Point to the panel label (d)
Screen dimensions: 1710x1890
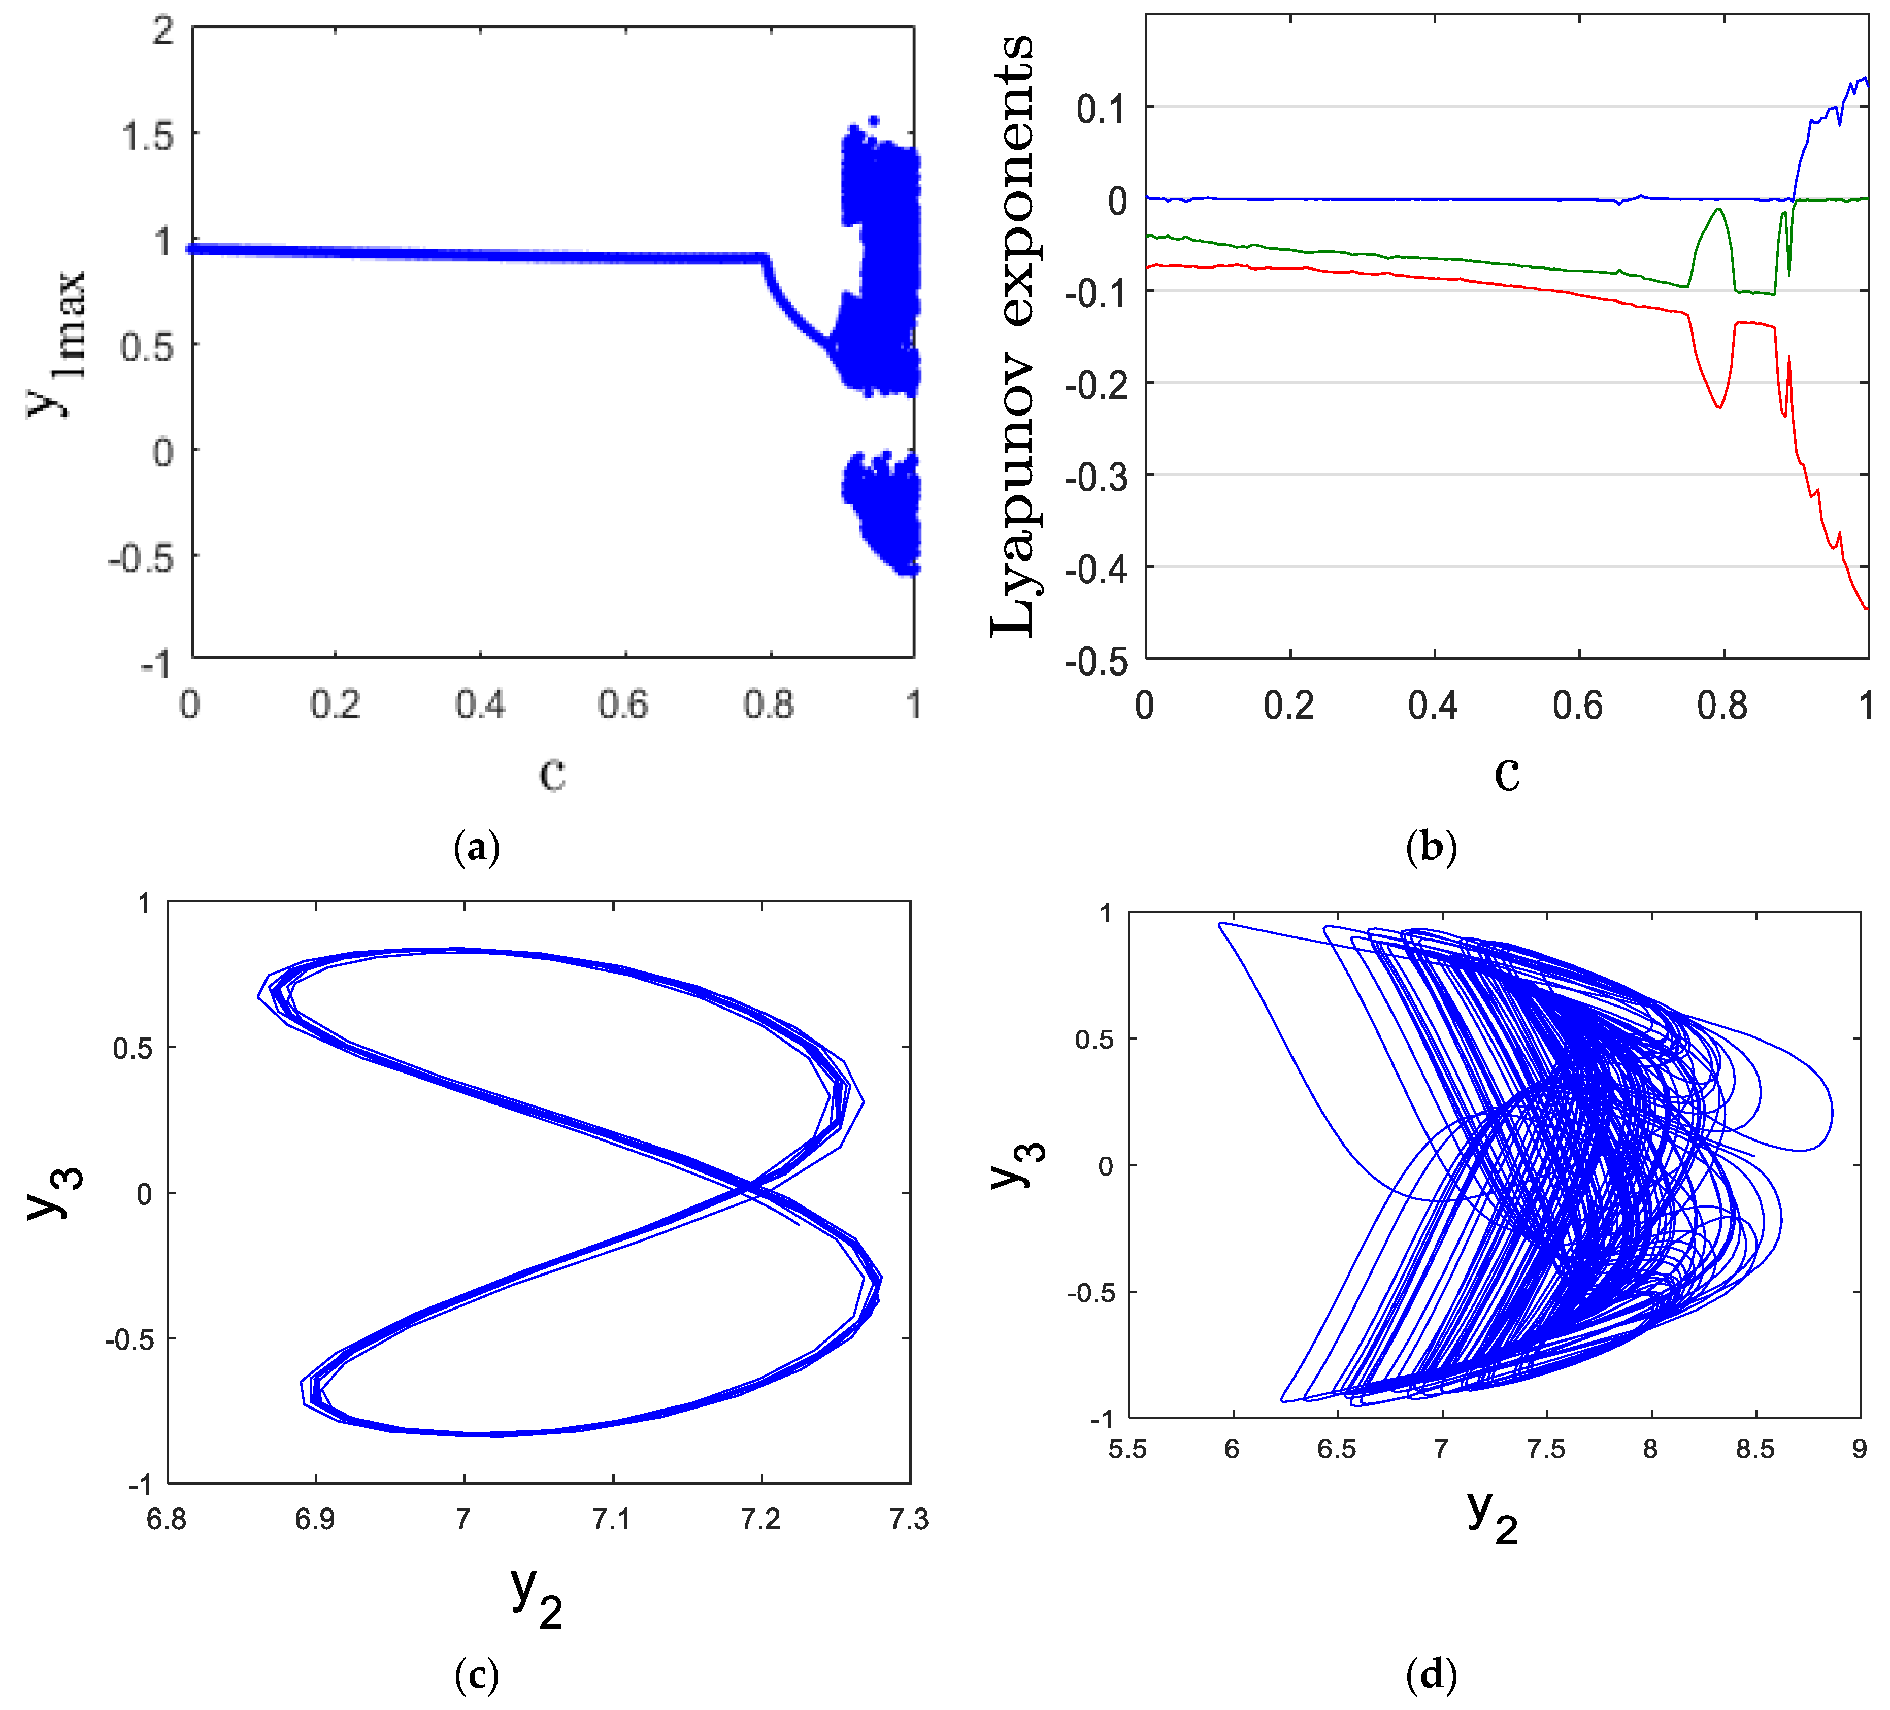1432,1673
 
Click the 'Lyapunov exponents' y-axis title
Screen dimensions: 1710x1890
1012,336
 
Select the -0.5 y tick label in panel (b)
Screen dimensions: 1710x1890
1097,661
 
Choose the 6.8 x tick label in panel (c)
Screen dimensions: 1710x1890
167,1519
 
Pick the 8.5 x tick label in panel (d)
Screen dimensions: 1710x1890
1755,1450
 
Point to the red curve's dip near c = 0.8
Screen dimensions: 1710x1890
1719,406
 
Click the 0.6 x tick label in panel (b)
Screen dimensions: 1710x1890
1578,705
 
